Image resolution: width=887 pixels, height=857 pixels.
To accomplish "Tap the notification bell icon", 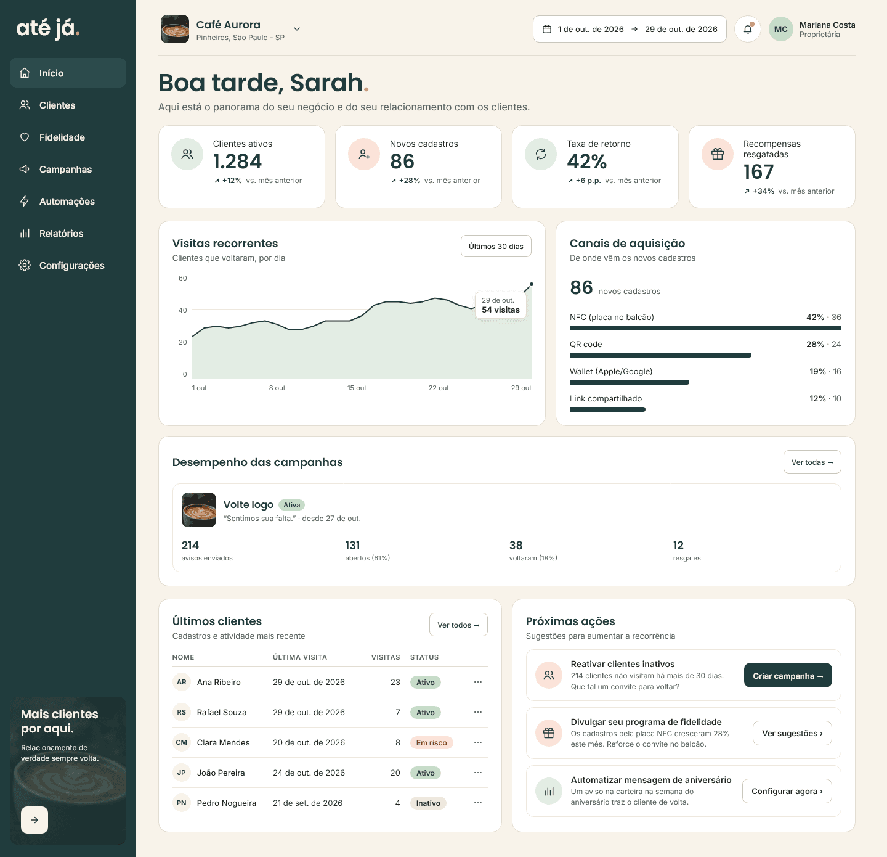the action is (x=748, y=29).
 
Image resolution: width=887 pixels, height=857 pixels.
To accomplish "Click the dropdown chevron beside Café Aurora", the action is (x=297, y=29).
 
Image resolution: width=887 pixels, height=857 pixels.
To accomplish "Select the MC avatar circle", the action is (x=781, y=29).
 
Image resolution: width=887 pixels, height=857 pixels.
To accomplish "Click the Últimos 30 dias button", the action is (x=496, y=246).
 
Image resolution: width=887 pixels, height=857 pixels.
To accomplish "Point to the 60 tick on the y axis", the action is (x=183, y=278).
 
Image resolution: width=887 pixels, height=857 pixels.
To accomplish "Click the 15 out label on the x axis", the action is (x=357, y=388).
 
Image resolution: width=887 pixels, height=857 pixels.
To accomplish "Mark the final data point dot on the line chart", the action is (x=532, y=284).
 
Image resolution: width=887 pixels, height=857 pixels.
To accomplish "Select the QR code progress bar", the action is (x=660, y=355).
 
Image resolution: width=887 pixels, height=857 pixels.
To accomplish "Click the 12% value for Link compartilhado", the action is (x=818, y=398).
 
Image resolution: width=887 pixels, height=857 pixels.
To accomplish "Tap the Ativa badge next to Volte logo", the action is (x=292, y=505).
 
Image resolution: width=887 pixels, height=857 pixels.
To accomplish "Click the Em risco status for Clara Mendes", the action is (x=431, y=742).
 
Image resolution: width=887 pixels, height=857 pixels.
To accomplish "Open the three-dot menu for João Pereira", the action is (x=477, y=773).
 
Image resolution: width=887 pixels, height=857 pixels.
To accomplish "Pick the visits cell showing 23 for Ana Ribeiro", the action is (x=395, y=683).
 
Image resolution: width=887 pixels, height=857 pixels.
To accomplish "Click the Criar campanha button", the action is (x=788, y=675).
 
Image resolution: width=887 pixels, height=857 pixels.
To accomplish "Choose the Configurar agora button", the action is (x=787, y=791).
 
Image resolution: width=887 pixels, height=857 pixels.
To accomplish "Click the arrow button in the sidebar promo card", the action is (x=34, y=820).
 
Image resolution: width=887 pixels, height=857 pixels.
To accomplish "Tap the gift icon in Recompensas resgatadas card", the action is (x=718, y=154).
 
